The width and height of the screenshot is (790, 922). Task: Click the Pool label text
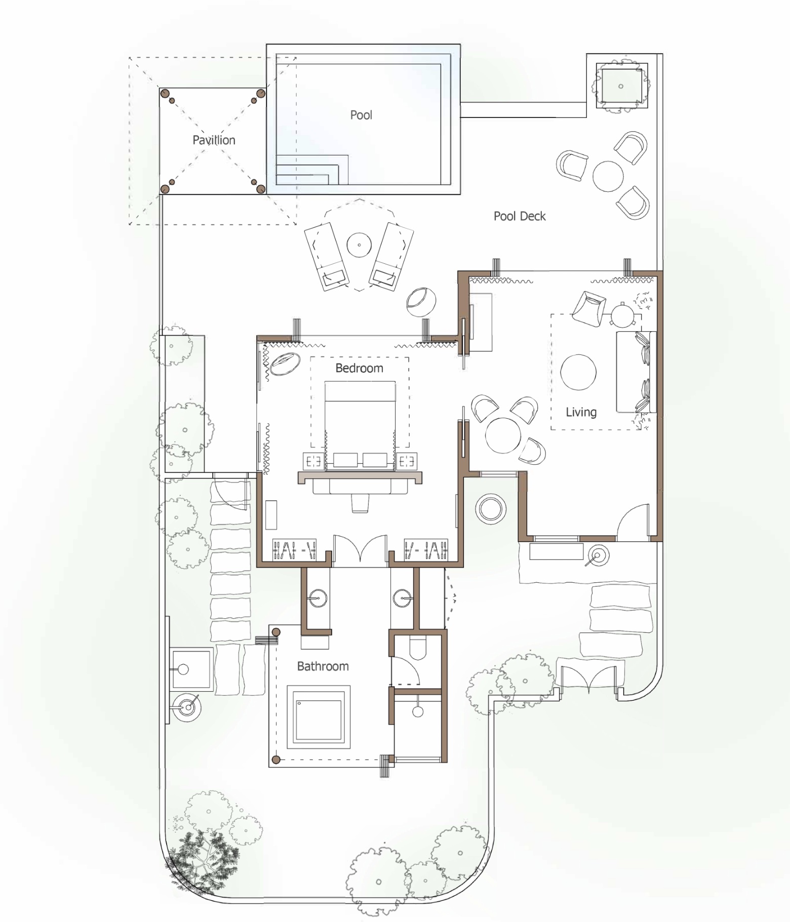click(361, 115)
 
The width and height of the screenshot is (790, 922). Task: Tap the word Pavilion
click(214, 140)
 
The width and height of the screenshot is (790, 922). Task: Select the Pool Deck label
click(520, 216)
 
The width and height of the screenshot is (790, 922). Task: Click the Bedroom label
click(359, 368)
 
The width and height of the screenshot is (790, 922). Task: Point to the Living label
click(581, 412)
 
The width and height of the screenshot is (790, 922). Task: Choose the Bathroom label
click(323, 666)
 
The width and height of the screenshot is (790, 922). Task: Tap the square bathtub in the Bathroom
click(319, 717)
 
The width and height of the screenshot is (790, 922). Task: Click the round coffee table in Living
click(578, 372)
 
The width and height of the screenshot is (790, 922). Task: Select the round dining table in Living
click(503, 435)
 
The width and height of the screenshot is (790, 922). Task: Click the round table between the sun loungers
click(359, 245)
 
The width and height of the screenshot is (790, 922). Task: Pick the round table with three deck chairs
click(608, 176)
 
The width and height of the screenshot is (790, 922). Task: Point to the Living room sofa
click(636, 372)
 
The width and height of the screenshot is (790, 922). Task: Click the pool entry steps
click(312, 170)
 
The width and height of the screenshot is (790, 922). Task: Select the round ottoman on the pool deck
click(421, 302)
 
